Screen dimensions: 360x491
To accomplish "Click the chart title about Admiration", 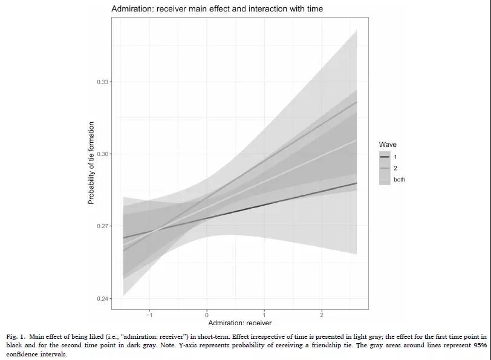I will (217, 9).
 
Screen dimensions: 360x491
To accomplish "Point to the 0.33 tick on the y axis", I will (104, 82).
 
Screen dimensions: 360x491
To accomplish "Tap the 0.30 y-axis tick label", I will (104, 154).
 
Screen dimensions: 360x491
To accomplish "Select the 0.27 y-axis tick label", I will (104, 226).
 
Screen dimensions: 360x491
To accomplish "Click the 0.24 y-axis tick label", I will (104, 299).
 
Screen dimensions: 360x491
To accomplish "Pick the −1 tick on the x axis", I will (149, 315).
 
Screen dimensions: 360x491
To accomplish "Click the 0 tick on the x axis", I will (207, 315).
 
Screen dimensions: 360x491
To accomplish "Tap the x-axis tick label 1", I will (264, 315).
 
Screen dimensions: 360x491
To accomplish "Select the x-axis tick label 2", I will (322, 315).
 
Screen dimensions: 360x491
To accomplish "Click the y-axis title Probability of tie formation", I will (91, 163).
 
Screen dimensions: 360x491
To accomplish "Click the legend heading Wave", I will (388, 145).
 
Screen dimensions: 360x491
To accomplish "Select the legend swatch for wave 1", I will (385, 157).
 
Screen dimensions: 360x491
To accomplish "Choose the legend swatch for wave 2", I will (385, 168).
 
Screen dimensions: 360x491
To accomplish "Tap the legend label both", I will (400, 180).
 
